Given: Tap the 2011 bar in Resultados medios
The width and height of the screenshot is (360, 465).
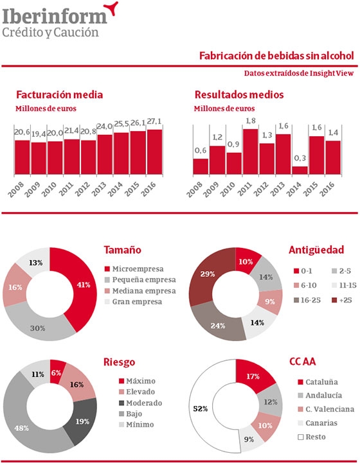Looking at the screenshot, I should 250,152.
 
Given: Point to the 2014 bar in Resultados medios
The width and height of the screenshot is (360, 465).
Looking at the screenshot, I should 300,170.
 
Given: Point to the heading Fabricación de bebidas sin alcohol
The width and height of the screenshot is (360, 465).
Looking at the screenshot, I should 276,56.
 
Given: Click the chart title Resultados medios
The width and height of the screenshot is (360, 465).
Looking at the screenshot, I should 239,94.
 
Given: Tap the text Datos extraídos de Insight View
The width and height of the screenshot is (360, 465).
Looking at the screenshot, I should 301,73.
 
